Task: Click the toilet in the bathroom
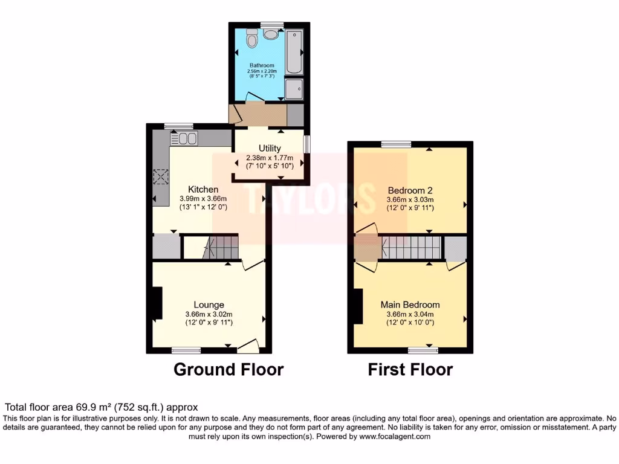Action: [x=252, y=40]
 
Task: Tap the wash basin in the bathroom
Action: [x=271, y=34]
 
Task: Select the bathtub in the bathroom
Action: [x=295, y=51]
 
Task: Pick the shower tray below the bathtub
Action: [x=295, y=89]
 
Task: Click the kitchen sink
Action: [x=184, y=138]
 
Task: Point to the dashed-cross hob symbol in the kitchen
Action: [x=161, y=177]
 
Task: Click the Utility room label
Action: [x=270, y=148]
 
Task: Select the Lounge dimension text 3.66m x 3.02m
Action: [x=209, y=314]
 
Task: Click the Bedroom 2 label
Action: [x=410, y=190]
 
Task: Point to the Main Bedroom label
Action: [x=410, y=304]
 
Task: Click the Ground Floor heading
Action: [x=228, y=369]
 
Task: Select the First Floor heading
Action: [x=410, y=369]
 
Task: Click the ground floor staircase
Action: [x=220, y=247]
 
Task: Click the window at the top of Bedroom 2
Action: [x=396, y=144]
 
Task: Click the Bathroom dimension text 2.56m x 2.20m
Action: [x=261, y=71]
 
